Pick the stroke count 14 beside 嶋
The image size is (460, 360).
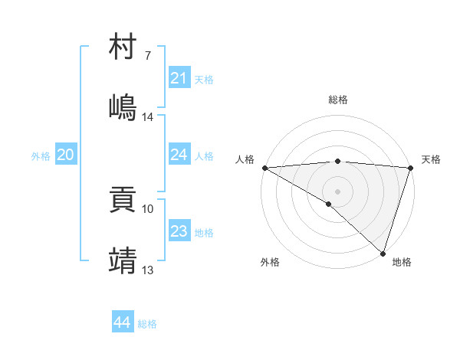tap(148, 117)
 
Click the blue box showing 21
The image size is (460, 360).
tap(179, 78)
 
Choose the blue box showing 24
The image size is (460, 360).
tap(179, 155)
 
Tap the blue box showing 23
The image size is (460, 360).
tap(179, 231)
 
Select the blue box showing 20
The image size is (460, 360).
tap(66, 155)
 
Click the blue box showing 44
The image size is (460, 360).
tap(122, 322)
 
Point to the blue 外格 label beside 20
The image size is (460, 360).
tap(41, 156)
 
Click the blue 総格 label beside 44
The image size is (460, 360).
tap(147, 324)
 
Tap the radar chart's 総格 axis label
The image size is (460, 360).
tap(337, 100)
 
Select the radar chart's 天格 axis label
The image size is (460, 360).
tap(431, 159)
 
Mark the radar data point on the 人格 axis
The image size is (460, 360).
tap(264, 168)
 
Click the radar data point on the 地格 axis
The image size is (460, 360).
tap(383, 254)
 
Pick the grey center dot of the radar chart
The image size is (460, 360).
tap(337, 191)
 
